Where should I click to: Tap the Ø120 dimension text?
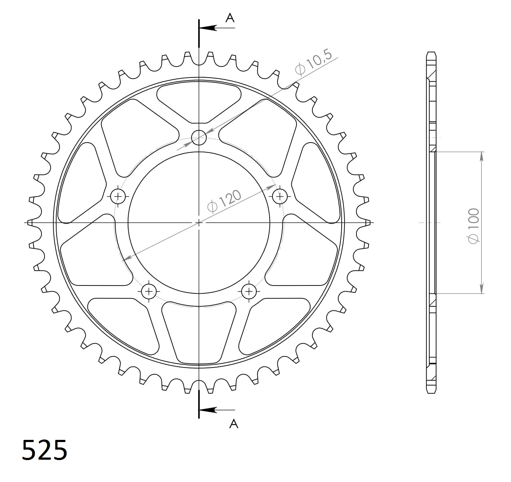[x=224, y=202]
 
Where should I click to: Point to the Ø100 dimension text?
[x=474, y=226]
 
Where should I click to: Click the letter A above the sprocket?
[x=230, y=18]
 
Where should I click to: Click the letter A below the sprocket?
[x=234, y=424]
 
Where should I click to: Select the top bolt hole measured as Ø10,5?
[x=199, y=137]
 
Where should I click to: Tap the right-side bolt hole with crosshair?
[x=280, y=196]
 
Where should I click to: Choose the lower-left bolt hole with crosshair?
[x=148, y=291]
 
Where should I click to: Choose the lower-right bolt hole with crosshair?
[x=249, y=291]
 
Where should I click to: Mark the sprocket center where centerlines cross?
[x=199, y=223]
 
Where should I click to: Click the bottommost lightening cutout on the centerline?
[x=199, y=331]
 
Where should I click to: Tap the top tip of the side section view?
[x=431, y=53]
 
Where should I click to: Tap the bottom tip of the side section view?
[x=431, y=392]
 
